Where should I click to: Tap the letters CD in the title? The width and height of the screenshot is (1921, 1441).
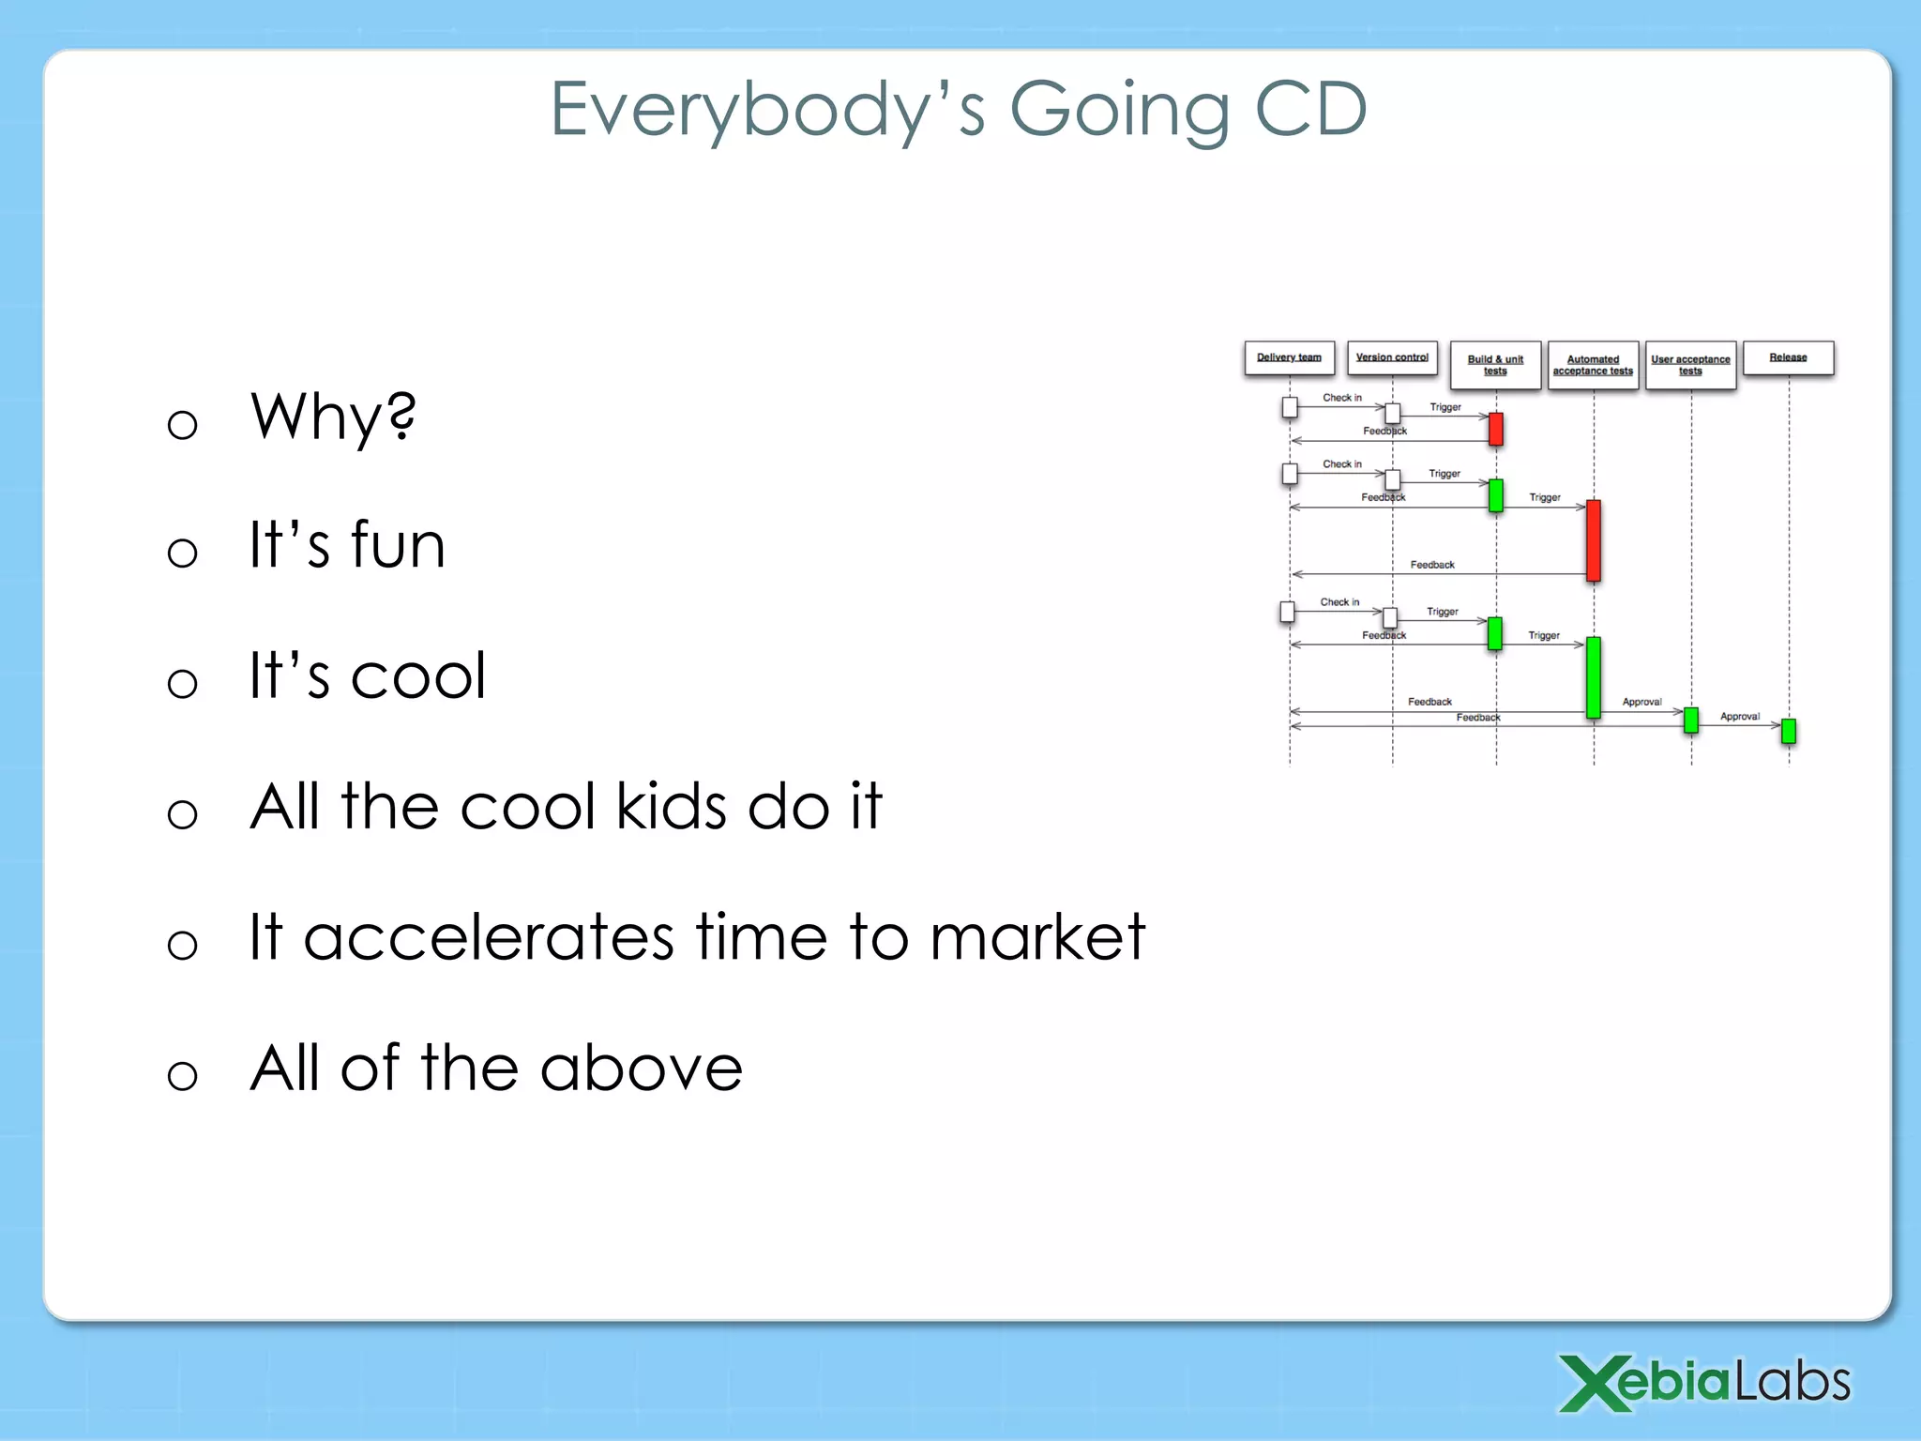pos(1310,109)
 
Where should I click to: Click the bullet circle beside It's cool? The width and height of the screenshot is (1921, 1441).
pos(182,682)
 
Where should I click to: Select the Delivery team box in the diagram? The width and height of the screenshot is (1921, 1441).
pos(1289,358)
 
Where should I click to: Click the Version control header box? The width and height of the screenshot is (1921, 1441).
pos(1392,358)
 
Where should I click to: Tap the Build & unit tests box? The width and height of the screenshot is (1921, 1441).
pos(1495,365)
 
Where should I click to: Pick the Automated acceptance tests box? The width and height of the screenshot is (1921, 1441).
pos(1593,365)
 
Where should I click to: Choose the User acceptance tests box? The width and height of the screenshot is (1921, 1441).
pos(1690,365)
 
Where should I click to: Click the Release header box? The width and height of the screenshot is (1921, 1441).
pos(1788,358)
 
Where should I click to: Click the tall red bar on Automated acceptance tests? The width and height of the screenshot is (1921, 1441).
pos(1593,540)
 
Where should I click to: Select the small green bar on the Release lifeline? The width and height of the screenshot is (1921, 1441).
pos(1788,731)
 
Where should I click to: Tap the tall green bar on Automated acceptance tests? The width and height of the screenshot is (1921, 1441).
pos(1593,677)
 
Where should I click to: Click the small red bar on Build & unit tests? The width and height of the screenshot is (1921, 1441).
pos(1495,429)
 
